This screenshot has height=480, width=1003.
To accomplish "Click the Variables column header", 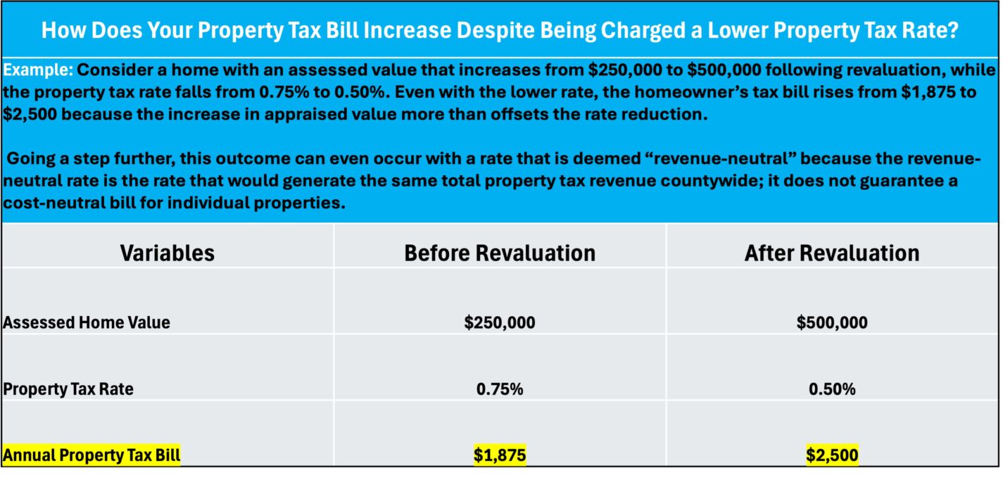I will pos(167,253).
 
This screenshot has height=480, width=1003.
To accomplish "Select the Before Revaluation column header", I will pos(500,253).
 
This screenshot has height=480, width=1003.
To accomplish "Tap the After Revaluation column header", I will pos(832,253).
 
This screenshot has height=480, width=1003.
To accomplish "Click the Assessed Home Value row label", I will pos(86,322).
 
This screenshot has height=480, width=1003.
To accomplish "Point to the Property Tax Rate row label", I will pos(68,389).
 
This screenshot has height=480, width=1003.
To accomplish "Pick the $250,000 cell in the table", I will pos(500,322).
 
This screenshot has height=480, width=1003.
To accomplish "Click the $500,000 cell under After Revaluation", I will pos(832,322).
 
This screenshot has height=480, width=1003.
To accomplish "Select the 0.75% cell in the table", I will pos(500,389).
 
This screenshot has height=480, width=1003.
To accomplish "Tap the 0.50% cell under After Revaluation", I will pos(832,389).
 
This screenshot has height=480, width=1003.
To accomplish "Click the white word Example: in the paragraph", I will pos(37,70).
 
